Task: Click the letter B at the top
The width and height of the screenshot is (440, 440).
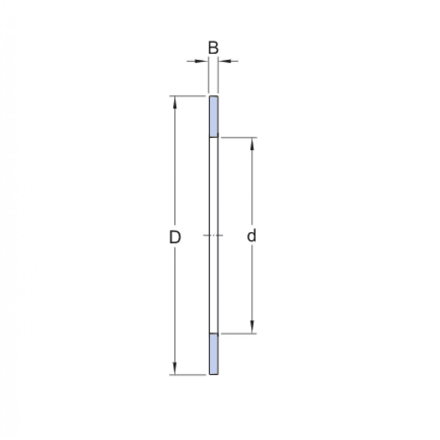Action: (x=213, y=48)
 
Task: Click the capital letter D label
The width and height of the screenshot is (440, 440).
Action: (x=175, y=238)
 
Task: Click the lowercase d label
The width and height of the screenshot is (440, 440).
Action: (x=252, y=236)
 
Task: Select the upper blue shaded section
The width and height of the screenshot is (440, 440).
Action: (x=214, y=116)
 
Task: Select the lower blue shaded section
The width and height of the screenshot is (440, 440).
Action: (x=214, y=354)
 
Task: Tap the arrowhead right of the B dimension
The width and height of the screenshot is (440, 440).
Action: (x=223, y=61)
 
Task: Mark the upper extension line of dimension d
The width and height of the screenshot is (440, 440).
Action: (x=238, y=137)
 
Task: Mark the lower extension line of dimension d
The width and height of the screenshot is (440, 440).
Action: (x=238, y=334)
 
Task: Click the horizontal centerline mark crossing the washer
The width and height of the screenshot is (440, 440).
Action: (x=213, y=235)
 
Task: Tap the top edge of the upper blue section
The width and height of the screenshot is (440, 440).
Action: (x=214, y=96)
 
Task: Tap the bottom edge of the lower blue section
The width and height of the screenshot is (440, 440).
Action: (x=214, y=374)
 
